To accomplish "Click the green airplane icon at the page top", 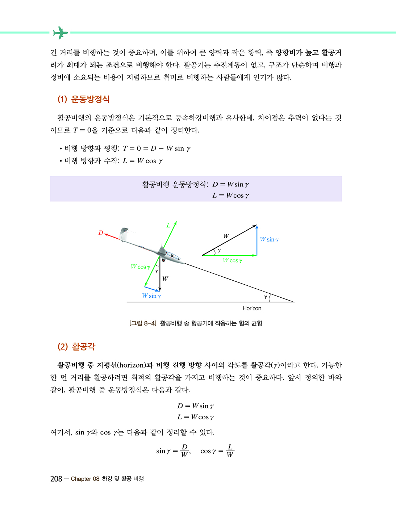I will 60,33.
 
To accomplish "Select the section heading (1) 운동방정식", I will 83,99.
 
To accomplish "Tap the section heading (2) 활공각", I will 76,347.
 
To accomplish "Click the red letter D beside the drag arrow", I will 101,233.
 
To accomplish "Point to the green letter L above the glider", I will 168,226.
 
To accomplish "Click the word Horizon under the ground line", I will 252,308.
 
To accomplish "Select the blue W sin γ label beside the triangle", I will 269,239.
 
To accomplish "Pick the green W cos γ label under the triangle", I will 232,260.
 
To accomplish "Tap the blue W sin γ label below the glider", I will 151,296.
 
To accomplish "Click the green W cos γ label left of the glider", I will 140,267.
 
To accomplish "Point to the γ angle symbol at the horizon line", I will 265,297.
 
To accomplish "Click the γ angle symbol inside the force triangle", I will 219,250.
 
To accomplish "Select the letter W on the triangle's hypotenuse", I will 226,236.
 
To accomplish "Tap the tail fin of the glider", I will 124,231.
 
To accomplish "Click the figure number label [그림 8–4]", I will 143,323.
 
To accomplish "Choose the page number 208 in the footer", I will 56,479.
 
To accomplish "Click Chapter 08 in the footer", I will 85,479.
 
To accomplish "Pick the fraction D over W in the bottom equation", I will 185,451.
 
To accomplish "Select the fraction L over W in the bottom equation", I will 230,451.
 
